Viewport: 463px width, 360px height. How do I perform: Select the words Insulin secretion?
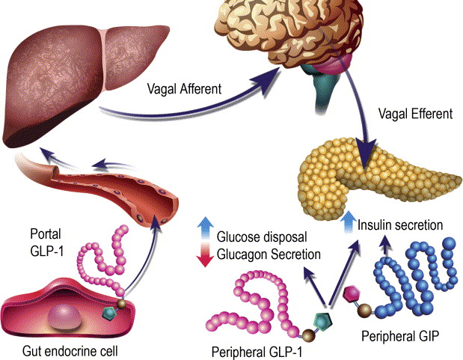tap(401, 225)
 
